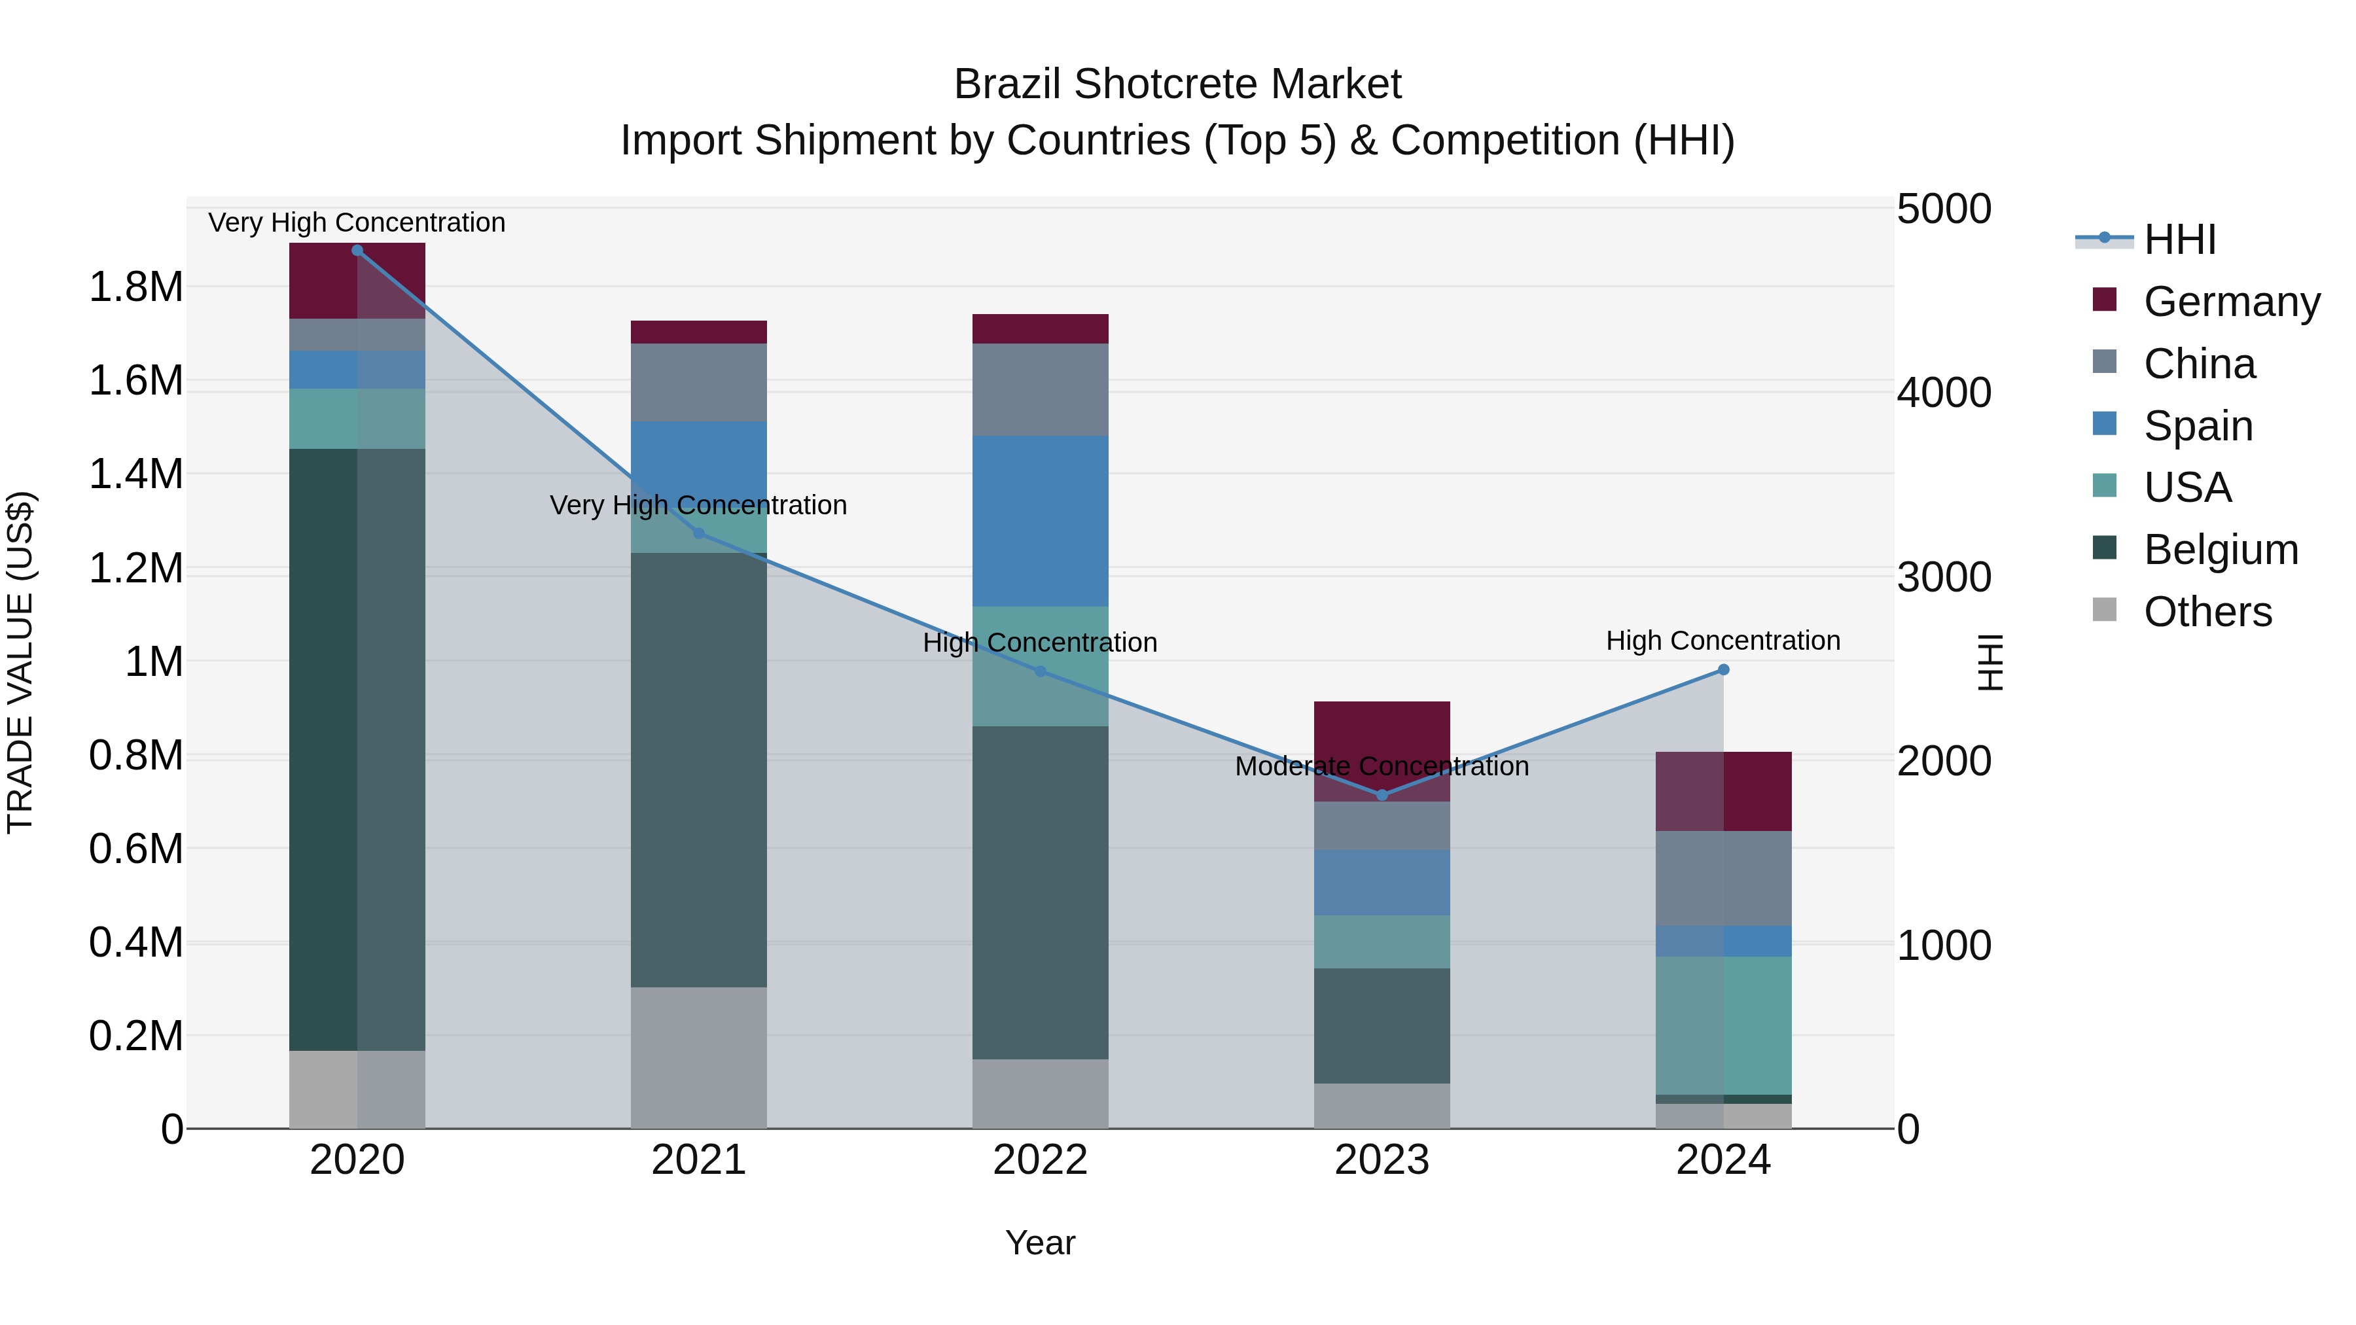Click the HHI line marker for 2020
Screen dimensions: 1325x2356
click(x=357, y=250)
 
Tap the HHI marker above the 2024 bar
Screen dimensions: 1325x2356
click(x=1723, y=669)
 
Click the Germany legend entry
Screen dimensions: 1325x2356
click(x=2231, y=302)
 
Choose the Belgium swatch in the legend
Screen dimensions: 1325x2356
click(x=2105, y=548)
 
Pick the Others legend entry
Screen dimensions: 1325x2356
click(x=2207, y=611)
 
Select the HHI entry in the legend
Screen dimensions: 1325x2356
click(x=2179, y=239)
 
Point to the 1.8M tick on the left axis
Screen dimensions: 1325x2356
click(x=135, y=287)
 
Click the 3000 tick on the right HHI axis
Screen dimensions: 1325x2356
click(x=1944, y=577)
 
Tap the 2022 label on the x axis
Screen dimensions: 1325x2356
click(x=1040, y=1160)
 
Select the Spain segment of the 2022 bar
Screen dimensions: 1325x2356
click(x=1040, y=521)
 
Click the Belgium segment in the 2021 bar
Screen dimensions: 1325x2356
click(x=699, y=768)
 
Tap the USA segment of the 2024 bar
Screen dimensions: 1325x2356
click(x=1723, y=1024)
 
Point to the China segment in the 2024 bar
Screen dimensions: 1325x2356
click(x=1723, y=878)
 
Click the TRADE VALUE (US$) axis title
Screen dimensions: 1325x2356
click(x=20, y=662)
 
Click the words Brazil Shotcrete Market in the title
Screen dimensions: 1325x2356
click(x=1177, y=84)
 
